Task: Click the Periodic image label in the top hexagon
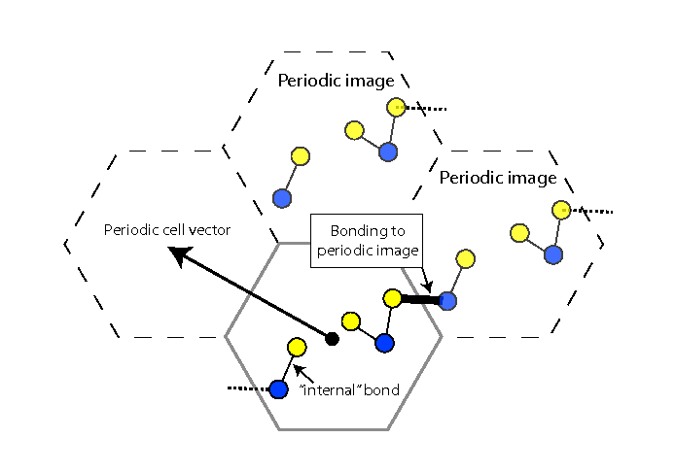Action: tap(336, 81)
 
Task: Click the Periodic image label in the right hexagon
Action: tap(497, 178)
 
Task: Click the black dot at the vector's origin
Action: tap(332, 338)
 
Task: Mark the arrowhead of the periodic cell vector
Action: tap(175, 253)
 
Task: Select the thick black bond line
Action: tap(419, 299)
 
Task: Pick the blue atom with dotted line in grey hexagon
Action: tap(278, 389)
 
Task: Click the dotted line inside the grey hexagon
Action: tap(247, 388)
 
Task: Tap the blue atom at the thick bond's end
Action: tap(447, 300)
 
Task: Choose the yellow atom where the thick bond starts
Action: tap(392, 298)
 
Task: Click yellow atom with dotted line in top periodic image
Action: tap(395, 107)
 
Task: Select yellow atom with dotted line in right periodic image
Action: tap(560, 210)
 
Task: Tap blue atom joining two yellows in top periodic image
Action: tap(388, 151)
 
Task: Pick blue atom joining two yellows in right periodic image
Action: tap(553, 254)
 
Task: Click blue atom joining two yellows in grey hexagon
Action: tap(384, 343)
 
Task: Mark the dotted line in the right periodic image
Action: tap(591, 211)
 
